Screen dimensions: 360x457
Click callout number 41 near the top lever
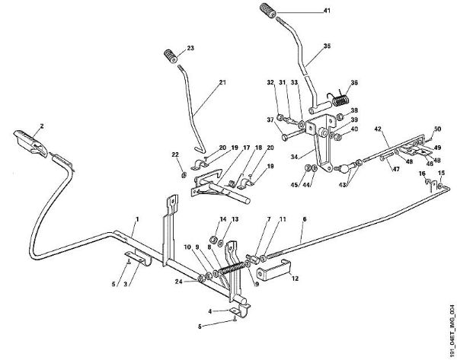328,11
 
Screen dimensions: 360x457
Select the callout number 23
191,49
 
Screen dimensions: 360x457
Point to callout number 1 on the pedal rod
136,221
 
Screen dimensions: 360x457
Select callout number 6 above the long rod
303,218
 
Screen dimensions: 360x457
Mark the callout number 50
437,130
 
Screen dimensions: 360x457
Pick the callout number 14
224,220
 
